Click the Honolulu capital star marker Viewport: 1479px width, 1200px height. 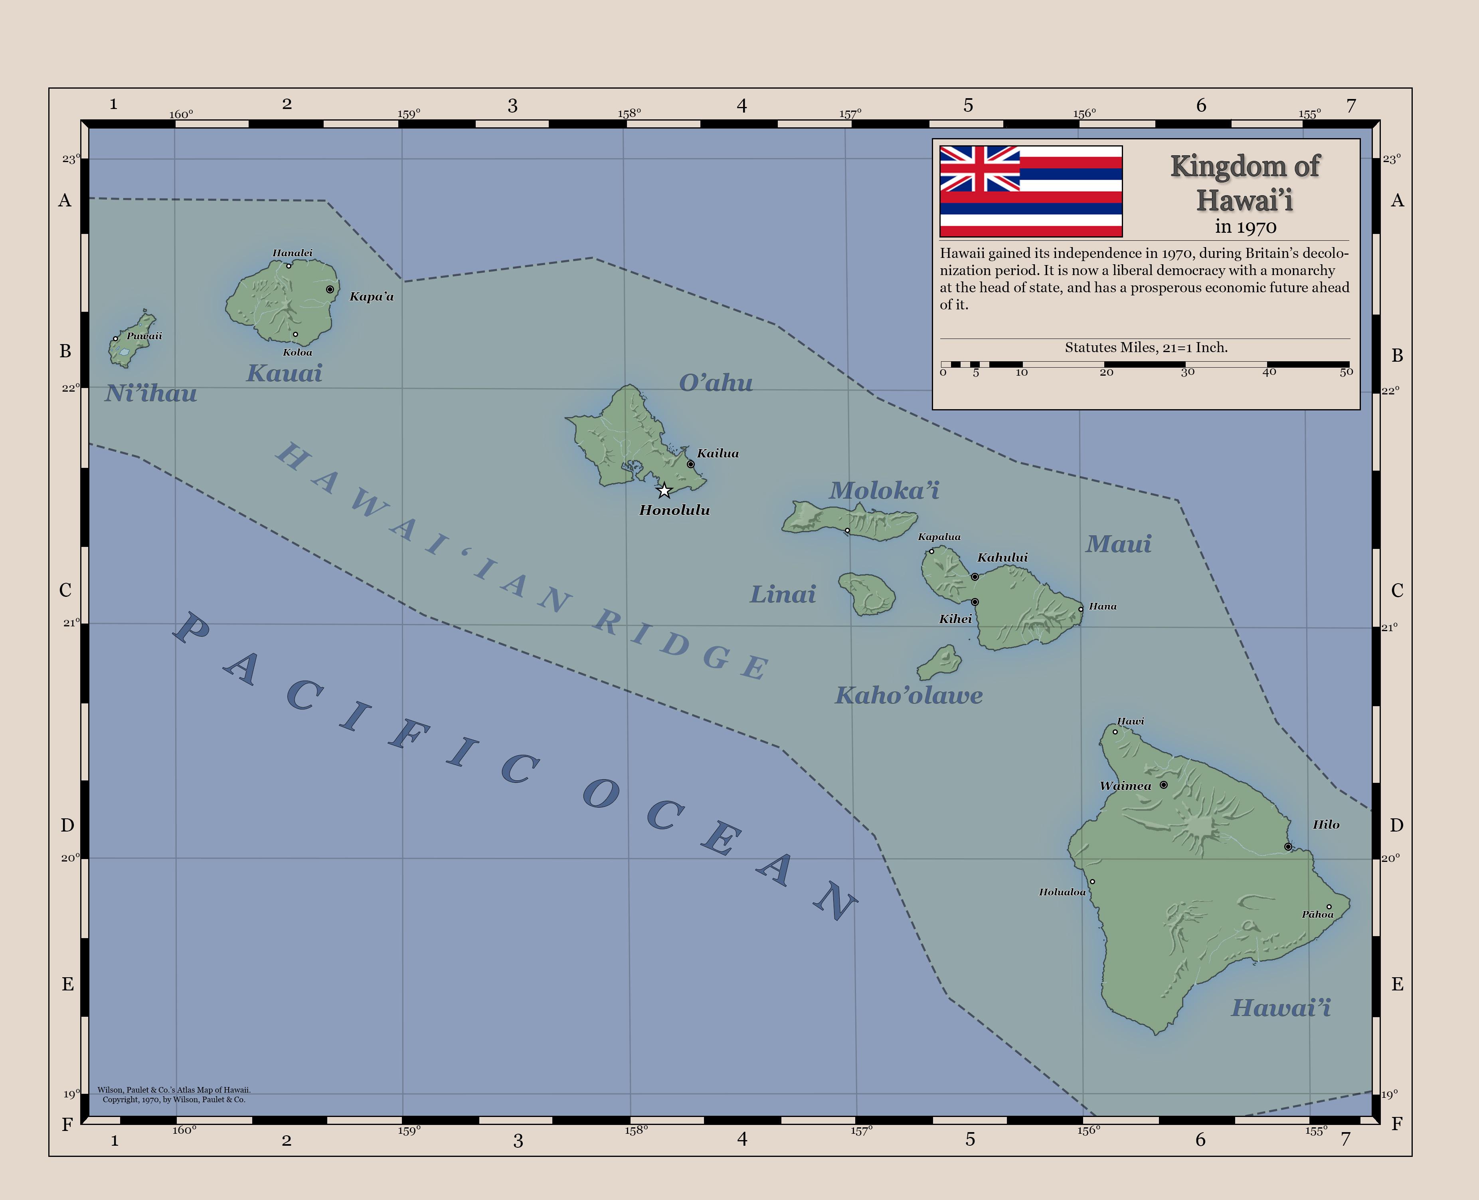664,491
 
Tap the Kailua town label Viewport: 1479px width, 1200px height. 718,453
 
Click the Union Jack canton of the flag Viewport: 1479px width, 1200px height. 979,169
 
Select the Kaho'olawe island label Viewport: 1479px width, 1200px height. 908,695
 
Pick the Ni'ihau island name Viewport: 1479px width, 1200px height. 151,394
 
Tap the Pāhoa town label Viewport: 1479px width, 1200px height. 1317,915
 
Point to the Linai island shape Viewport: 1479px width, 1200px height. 867,594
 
